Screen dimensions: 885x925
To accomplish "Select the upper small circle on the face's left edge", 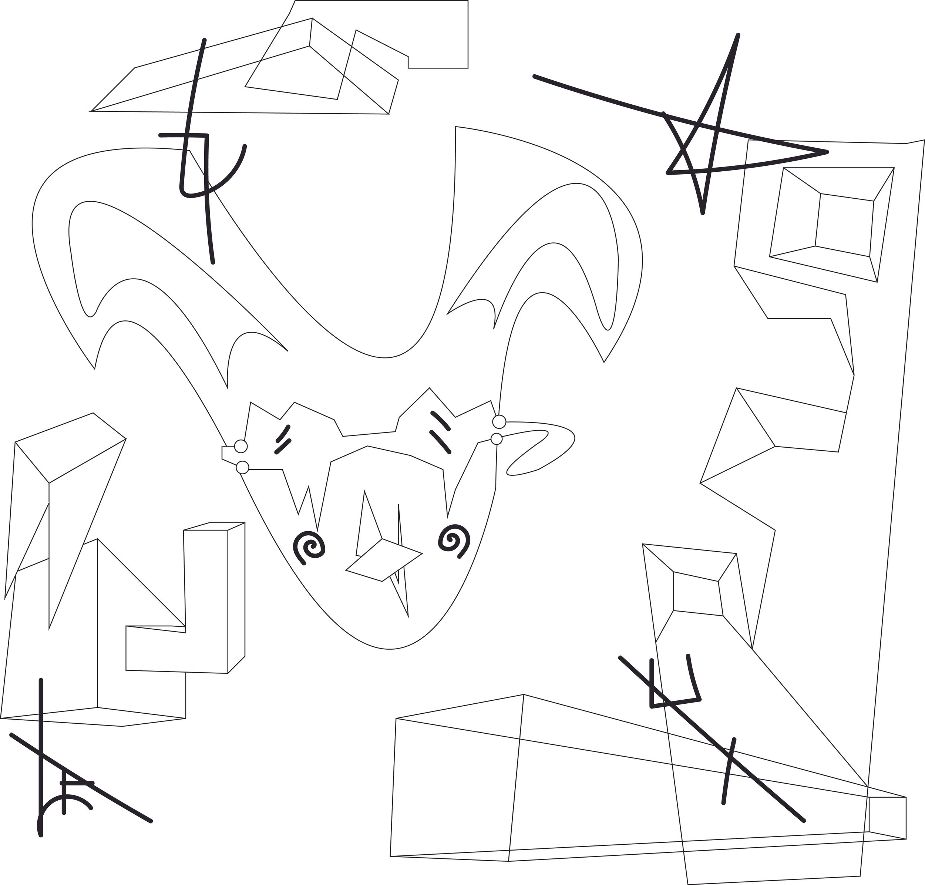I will [240, 446].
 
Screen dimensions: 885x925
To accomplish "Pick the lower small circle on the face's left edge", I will [242, 468].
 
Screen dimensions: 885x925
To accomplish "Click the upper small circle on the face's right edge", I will [499, 421].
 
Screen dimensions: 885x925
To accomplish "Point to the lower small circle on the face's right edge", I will [496, 439].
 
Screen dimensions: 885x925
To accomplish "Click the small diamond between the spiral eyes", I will [383, 559].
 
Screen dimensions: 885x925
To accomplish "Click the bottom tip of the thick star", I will [702, 213].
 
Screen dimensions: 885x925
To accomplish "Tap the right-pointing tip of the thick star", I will [827, 152].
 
